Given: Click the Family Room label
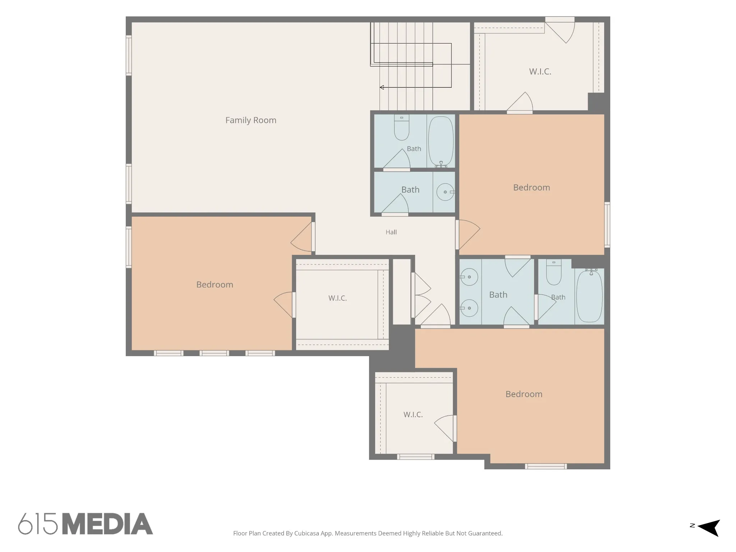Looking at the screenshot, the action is [251, 120].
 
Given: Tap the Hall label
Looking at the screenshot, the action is [391, 232].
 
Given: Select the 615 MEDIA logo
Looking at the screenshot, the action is [86, 524].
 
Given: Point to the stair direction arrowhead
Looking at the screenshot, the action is [382, 87].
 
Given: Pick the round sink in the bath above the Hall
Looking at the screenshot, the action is [445, 192].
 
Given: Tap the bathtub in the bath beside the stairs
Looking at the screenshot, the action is [441, 141].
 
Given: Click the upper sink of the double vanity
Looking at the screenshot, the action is [469, 277].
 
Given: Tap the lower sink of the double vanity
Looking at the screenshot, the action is [469, 308].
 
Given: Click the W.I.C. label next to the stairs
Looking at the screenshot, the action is [540, 72].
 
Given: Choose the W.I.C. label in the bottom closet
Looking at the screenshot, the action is [413, 415].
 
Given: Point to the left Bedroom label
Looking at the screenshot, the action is [215, 285].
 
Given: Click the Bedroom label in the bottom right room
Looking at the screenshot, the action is [524, 394].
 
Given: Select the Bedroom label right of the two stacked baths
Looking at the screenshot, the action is [532, 188].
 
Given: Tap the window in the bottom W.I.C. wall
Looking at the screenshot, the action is [416, 457].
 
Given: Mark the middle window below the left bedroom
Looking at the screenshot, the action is [214, 353].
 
